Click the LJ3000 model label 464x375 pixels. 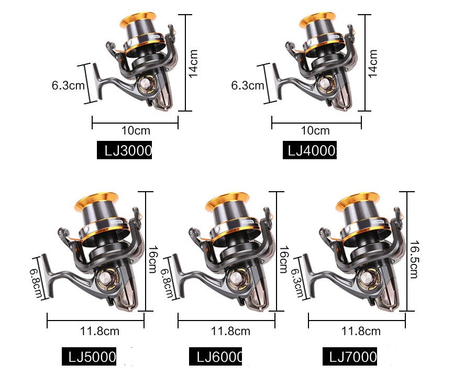[125, 151]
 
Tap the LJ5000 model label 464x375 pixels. [89, 357]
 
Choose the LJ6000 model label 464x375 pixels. [216, 357]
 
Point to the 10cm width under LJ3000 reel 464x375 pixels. [135, 131]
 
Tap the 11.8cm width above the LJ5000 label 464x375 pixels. [100, 331]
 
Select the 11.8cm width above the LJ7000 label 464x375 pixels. [361, 331]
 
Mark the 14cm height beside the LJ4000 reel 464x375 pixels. [373, 63]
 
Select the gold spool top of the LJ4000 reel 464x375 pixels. [321, 19]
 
